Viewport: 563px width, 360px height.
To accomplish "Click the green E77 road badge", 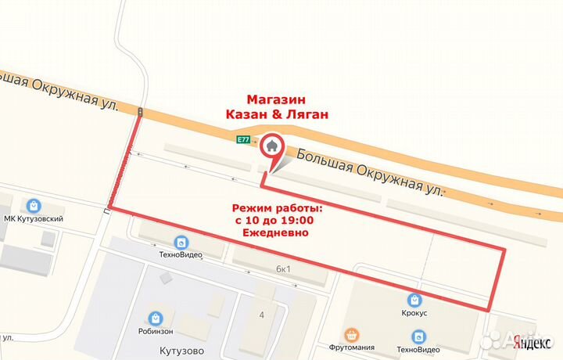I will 243,139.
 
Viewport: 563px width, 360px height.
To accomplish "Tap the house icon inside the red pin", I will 272,145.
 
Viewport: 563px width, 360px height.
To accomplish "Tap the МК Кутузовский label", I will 34,220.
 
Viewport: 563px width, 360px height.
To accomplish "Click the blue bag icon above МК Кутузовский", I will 33,206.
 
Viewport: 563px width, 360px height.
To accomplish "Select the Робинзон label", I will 156,331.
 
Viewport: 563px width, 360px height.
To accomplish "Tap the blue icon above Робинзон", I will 156,317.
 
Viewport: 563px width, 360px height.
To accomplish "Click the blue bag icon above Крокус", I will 414,298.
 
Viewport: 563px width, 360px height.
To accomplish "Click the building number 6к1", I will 283,268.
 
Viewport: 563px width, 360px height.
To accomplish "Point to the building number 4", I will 262,314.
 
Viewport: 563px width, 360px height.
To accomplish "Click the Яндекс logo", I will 529,340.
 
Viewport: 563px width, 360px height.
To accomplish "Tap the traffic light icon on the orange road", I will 140,113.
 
